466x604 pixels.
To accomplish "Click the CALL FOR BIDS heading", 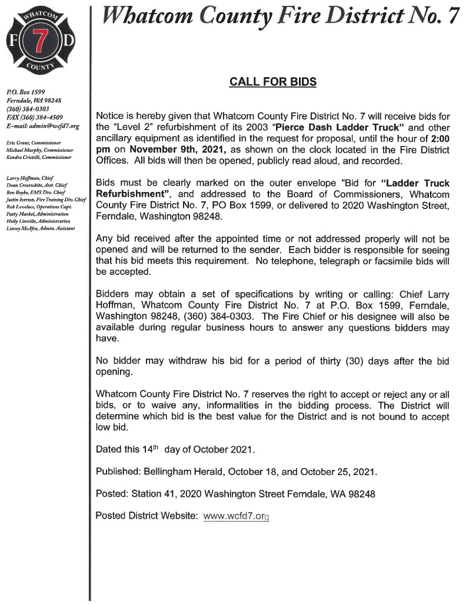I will click(x=272, y=82).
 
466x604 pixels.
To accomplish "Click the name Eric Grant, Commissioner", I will click(x=31, y=143).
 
